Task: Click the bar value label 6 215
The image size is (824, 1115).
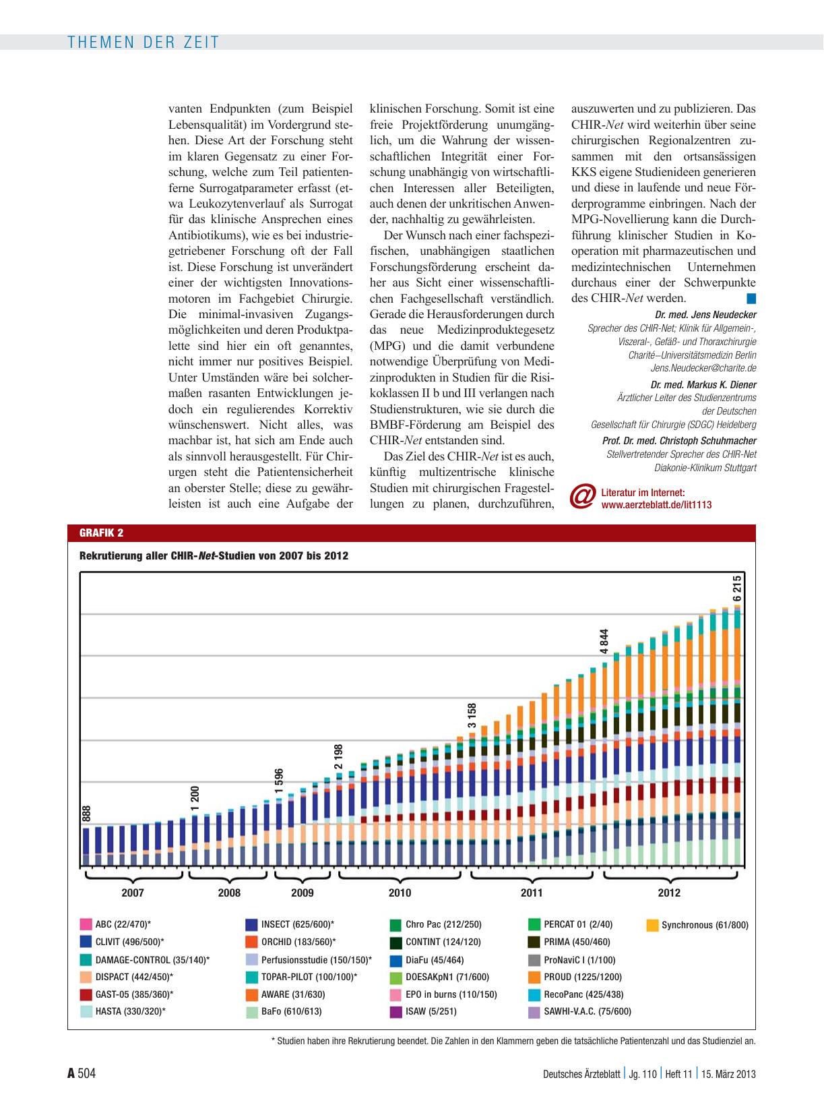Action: pos(737,588)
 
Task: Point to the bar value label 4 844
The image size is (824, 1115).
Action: pos(604,641)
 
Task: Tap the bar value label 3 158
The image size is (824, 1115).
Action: pos(471,715)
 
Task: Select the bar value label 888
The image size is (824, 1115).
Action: pos(86,814)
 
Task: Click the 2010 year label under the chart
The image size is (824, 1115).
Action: pos(400,893)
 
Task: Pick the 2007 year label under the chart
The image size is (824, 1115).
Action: pos(133,893)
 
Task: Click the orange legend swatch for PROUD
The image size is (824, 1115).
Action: pos(534,977)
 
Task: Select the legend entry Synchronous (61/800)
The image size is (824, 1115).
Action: pos(697,925)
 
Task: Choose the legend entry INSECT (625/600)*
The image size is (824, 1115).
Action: pos(290,924)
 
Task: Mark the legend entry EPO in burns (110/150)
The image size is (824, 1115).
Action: pos(443,994)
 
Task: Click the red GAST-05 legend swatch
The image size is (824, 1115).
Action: pos(86,994)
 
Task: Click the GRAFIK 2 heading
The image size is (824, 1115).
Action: pos(102,533)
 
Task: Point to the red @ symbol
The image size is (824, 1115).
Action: pos(583,498)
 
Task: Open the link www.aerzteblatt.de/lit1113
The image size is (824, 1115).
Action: pos(656,505)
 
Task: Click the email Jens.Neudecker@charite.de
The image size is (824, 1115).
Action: pos(703,368)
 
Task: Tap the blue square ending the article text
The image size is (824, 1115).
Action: pos(751,299)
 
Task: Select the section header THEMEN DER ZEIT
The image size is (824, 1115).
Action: pos(144,42)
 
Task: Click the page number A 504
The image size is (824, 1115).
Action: pos(82,1074)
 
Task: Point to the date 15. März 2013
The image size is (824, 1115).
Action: pos(728,1075)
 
